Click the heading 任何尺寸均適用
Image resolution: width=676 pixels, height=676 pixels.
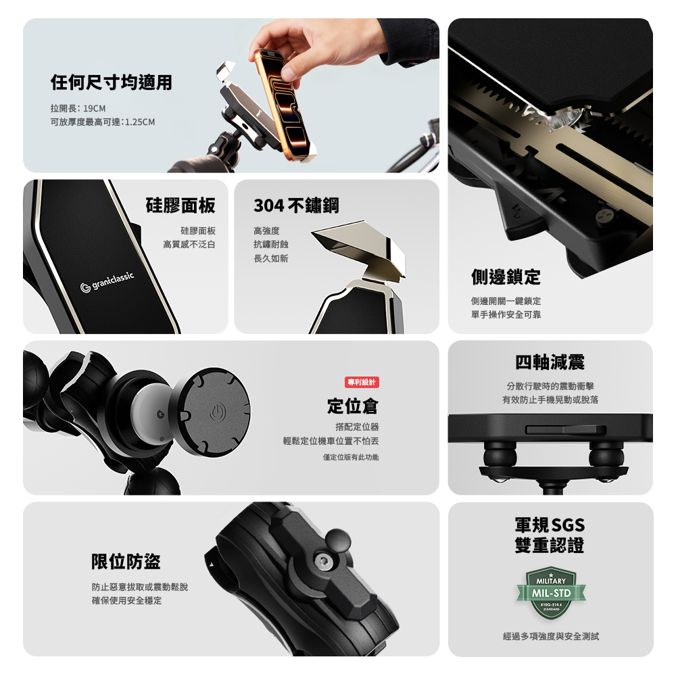point(112,82)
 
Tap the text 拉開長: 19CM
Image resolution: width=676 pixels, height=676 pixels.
point(78,108)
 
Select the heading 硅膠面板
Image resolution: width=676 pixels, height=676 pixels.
point(180,206)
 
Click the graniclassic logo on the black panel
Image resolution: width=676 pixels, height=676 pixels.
point(107,282)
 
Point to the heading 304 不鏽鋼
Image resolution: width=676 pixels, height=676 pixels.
point(296,206)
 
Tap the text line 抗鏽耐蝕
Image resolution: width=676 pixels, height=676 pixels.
point(271,245)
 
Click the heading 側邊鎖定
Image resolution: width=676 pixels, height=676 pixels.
point(506,276)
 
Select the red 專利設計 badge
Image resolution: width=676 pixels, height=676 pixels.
point(362,382)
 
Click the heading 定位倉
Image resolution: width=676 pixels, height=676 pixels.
point(353,406)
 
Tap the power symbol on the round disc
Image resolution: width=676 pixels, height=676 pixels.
point(217,412)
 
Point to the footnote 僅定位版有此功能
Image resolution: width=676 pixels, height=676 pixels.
point(351,457)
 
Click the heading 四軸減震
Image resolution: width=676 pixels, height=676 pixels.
point(550,362)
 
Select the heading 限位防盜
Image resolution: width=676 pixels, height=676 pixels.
point(126,561)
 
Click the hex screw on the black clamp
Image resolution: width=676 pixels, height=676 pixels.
point(322,560)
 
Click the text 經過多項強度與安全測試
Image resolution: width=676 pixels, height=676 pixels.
point(550,636)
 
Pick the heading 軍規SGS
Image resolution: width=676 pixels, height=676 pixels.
point(550,525)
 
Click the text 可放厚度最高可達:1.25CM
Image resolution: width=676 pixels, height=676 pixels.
point(103,122)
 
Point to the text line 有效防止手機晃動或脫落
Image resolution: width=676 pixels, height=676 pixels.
point(550,400)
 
